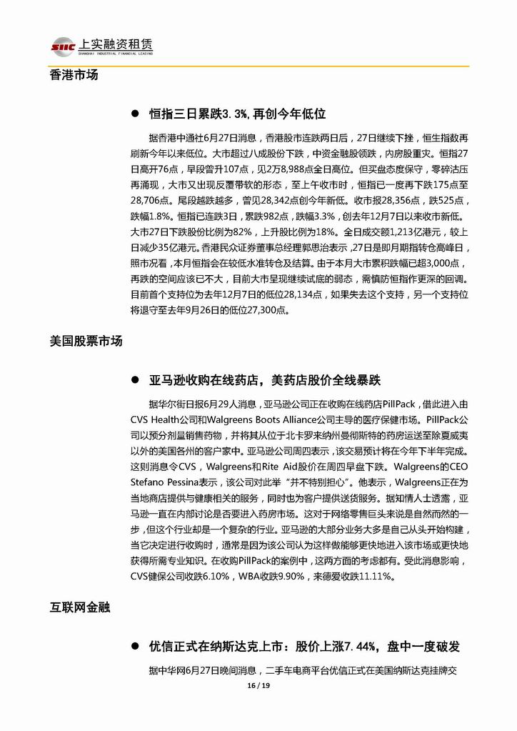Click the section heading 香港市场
(74, 74)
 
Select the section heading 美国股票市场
(86, 341)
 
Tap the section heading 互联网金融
(80, 607)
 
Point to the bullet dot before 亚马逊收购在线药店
(134, 379)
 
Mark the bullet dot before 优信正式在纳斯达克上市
(134, 646)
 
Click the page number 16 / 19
(258, 686)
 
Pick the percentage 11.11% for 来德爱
(383, 576)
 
